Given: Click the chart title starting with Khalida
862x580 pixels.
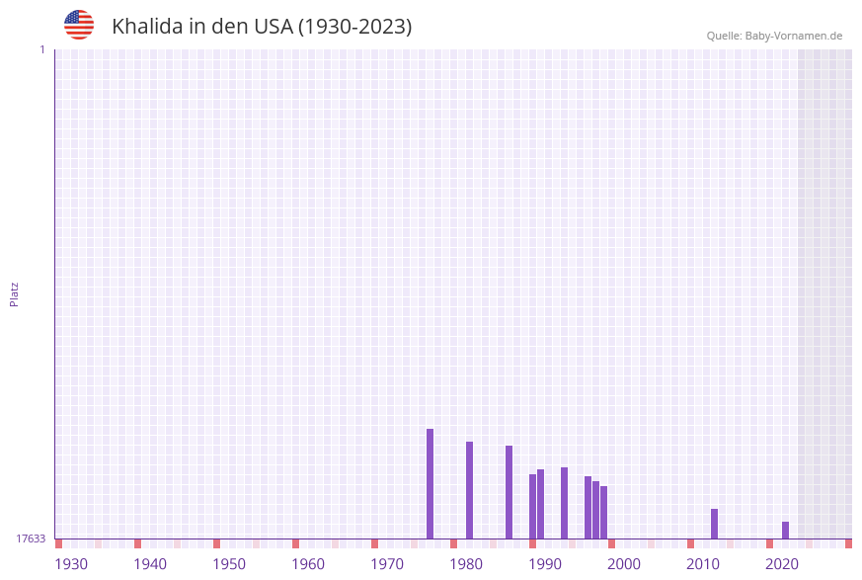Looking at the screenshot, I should pos(262,27).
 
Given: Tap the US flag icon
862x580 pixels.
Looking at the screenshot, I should pos(79,25).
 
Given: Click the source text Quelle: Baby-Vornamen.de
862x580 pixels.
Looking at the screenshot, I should pos(774,36).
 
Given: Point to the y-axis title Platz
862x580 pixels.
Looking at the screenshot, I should pos(15,293).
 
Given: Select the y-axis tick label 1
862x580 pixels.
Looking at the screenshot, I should pos(42,49).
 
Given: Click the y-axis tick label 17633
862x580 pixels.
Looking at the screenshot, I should pos(31,539).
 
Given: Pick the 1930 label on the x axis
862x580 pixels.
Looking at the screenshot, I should pos(71,564).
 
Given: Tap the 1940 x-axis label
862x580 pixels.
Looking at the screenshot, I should pos(150,564).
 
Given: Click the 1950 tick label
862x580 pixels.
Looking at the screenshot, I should pos(229,564).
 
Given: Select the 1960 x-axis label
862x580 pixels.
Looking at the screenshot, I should pos(308,564).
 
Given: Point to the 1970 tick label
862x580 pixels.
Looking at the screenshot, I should pos(387,564).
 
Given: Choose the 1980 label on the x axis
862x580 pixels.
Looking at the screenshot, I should pos(466,564).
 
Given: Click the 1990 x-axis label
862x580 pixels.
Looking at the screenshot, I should pos(545,564).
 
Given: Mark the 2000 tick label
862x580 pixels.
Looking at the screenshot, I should pos(624,564).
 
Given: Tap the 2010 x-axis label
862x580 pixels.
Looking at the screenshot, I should pos(703,564).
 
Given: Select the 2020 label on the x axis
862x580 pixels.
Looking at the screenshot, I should pos(782,564).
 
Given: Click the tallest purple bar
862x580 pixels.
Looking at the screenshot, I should pos(430,483).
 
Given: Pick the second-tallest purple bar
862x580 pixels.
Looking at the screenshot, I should pos(469,490).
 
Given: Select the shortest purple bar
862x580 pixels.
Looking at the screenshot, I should pos(785,530).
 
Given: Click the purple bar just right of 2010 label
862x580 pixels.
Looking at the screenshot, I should pos(714,524).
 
